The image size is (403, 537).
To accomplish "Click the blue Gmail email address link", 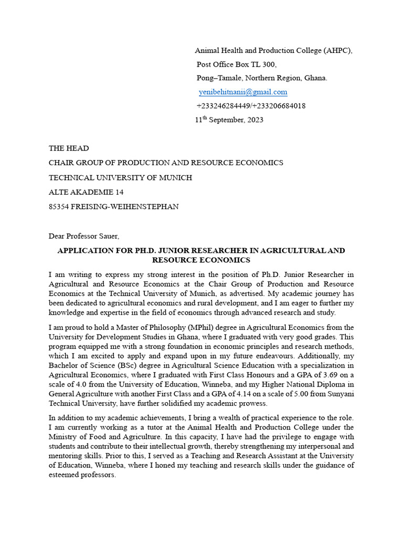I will pyautogui.click(x=243, y=92).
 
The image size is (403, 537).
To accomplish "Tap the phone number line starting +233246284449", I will pyautogui.click(x=251, y=106).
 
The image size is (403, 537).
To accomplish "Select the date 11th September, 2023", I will pyautogui.click(x=229, y=120).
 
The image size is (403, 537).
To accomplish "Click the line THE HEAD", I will pyautogui.click(x=69, y=148).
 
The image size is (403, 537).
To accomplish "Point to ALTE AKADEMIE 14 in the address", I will pyautogui.click(x=86, y=192).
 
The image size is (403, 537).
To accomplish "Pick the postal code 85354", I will pyautogui.click(x=59, y=207).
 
